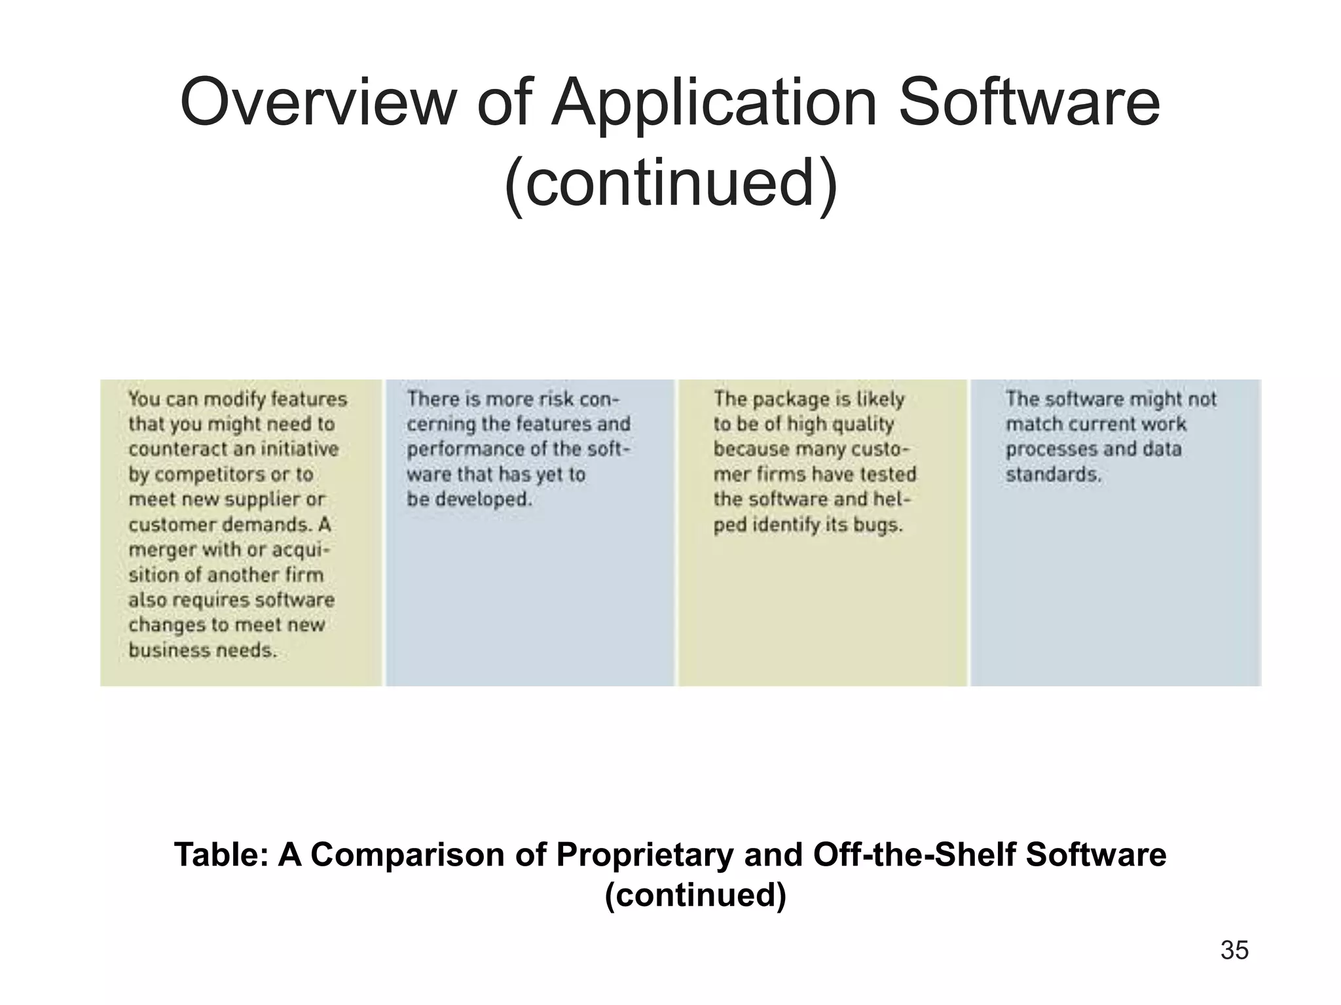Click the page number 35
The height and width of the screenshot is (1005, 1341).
click(x=1234, y=950)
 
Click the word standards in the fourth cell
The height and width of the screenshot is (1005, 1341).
click(x=1053, y=474)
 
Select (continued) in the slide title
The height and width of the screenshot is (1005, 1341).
click(x=670, y=182)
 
